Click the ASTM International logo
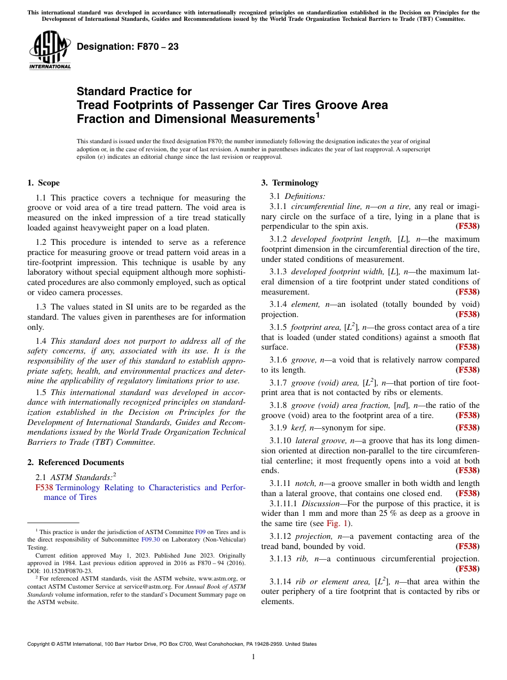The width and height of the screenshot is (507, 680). coord(50,51)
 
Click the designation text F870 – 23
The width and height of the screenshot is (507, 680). coord(128,47)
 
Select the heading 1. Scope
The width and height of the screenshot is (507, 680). coord(43,183)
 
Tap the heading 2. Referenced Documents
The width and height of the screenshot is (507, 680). coord(75,462)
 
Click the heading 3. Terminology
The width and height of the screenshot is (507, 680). coord(289,183)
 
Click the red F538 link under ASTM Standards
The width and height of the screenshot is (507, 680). coord(44,488)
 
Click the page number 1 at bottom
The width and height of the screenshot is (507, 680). coord(253,657)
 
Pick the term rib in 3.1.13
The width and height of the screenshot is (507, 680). coord(305,559)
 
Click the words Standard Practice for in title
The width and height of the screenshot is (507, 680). coord(134,91)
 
